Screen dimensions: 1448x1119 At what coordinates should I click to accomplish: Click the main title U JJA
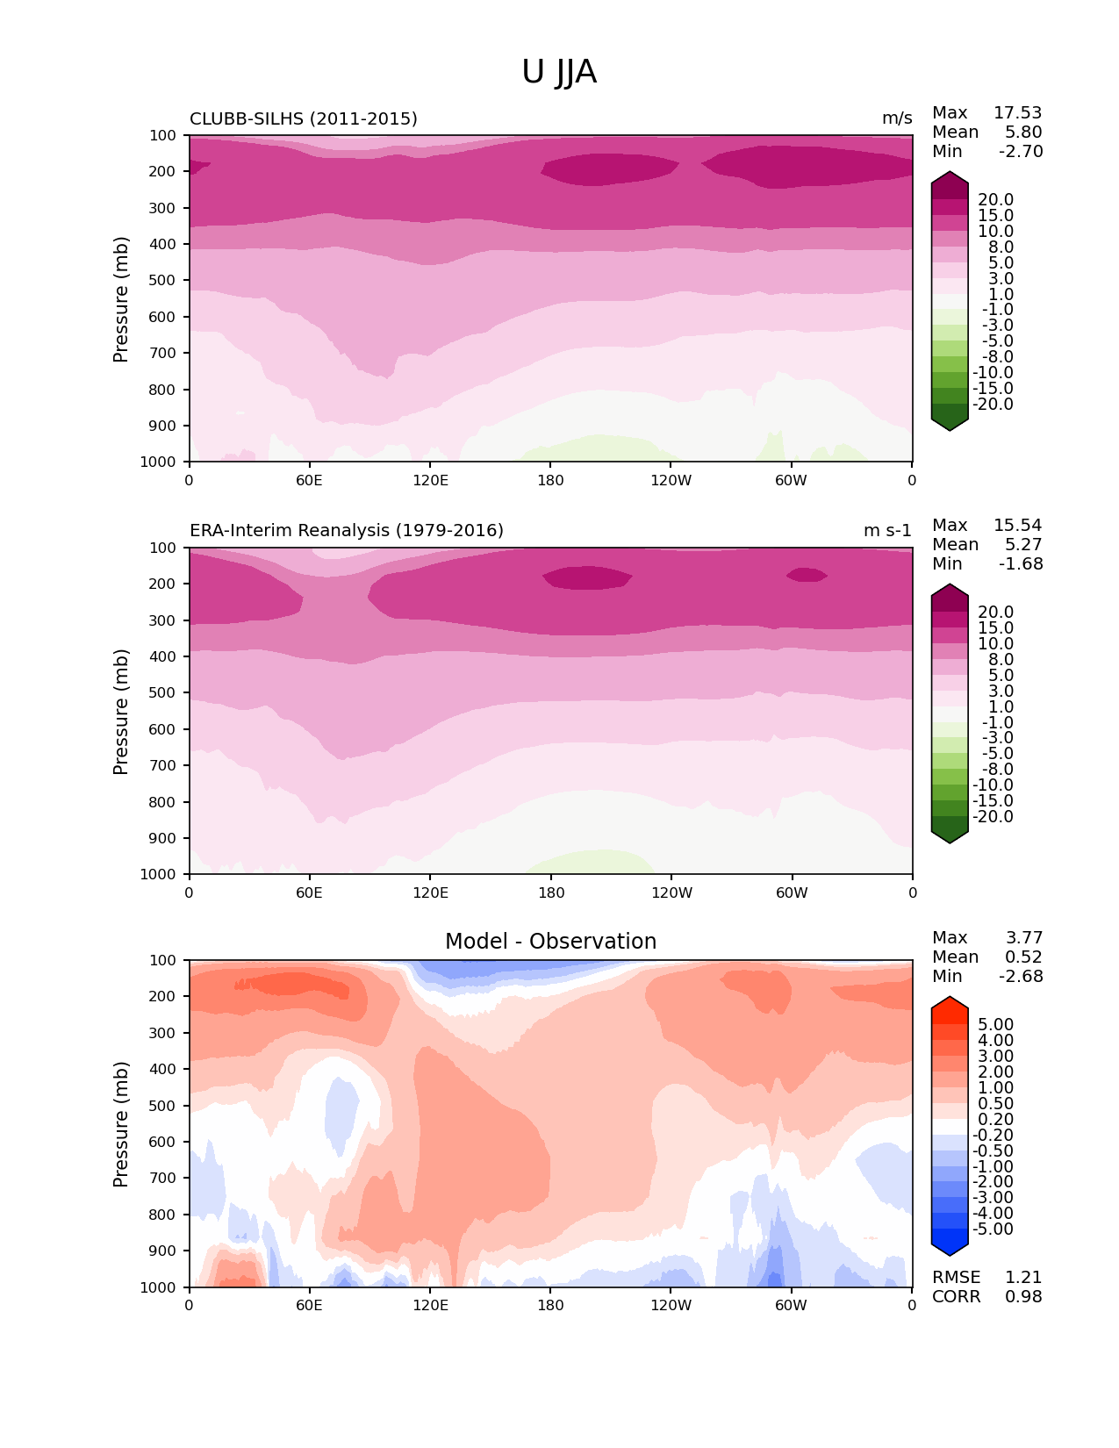click(559, 72)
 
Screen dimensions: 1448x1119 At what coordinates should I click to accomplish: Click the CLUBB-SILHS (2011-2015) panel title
click(304, 118)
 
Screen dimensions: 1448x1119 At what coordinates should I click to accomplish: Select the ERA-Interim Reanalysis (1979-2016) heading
click(347, 531)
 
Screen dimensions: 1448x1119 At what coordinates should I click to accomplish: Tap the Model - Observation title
click(550, 942)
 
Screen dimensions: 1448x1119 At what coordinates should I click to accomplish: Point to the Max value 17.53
click(1017, 113)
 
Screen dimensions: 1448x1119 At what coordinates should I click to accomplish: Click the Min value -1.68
click(1021, 564)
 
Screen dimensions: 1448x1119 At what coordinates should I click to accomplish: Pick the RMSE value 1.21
click(1023, 1278)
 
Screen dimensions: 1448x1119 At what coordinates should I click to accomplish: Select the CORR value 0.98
click(1023, 1297)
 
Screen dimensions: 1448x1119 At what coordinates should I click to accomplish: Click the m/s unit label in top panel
click(897, 118)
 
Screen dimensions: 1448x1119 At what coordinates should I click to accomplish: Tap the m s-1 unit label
click(887, 531)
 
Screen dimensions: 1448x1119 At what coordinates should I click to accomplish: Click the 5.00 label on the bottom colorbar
click(995, 1025)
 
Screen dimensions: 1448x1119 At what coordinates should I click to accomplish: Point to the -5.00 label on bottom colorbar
click(993, 1229)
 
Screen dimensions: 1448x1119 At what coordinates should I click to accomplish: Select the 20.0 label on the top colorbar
click(995, 200)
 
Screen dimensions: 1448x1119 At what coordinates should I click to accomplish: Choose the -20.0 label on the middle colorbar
click(993, 817)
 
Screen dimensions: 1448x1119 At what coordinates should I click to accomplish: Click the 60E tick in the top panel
click(309, 480)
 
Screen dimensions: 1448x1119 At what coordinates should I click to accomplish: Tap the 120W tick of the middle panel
click(671, 892)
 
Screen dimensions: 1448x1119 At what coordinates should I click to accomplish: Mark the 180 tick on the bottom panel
click(550, 1305)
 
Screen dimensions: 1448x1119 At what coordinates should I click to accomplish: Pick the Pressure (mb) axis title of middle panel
click(121, 712)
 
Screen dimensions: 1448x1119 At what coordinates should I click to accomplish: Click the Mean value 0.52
click(1023, 957)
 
